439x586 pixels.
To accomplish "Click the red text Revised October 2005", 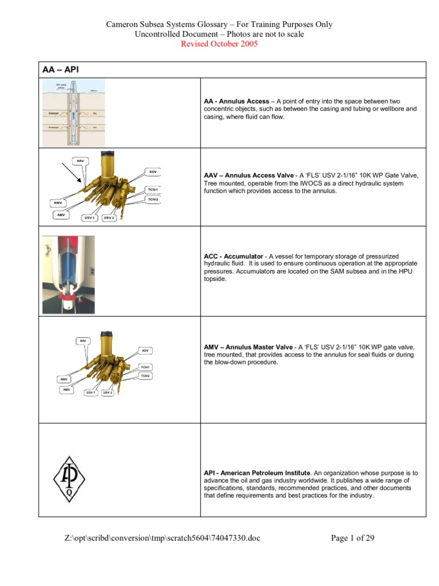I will pos(219,44).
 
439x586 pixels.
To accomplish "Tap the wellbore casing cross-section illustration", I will pos(74,113).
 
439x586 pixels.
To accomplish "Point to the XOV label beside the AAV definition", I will pos(152,171).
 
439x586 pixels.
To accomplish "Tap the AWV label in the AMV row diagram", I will pos(64,379).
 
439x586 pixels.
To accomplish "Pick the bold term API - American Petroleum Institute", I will pos(257,473).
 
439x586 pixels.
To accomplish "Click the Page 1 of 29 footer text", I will pos(353,538).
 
